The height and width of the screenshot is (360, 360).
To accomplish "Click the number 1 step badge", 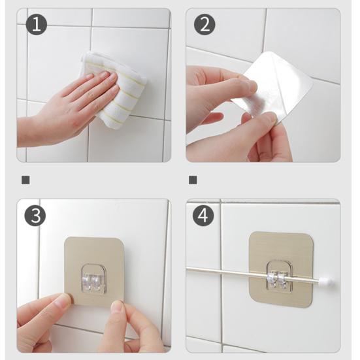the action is [x=37, y=24].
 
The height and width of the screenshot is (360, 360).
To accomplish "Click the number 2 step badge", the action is [x=205, y=24].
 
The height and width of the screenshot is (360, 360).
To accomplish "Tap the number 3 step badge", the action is [x=35, y=216].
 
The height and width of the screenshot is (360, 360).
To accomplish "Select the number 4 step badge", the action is [x=203, y=216].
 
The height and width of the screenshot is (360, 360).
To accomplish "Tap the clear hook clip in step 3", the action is [x=94, y=279].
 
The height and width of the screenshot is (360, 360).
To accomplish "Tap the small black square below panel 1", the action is [x=25, y=180].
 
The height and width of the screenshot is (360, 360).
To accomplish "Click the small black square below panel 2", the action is [x=193, y=180].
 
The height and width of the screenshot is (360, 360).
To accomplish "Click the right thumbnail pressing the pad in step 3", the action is [x=118, y=306].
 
